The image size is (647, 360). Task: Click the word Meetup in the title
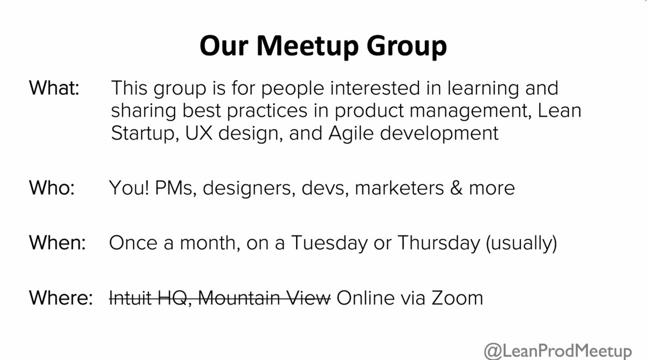(307, 46)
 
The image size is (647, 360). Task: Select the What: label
(54, 88)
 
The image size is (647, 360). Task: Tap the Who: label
(52, 188)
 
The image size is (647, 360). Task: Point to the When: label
(58, 243)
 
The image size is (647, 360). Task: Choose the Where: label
(61, 297)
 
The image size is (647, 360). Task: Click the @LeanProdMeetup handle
(557, 351)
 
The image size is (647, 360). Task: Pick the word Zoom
(457, 298)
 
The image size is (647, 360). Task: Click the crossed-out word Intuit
(130, 298)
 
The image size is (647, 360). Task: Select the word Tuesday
(329, 243)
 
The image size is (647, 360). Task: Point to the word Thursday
(439, 243)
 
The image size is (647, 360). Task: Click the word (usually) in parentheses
(522, 244)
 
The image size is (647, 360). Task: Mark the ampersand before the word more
(456, 188)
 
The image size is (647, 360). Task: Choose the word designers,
(249, 189)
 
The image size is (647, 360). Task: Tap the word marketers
(399, 188)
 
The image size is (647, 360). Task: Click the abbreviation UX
(199, 133)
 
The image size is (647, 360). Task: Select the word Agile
(351, 134)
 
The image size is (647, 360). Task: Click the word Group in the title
(407, 47)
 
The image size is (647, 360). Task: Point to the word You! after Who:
(129, 188)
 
